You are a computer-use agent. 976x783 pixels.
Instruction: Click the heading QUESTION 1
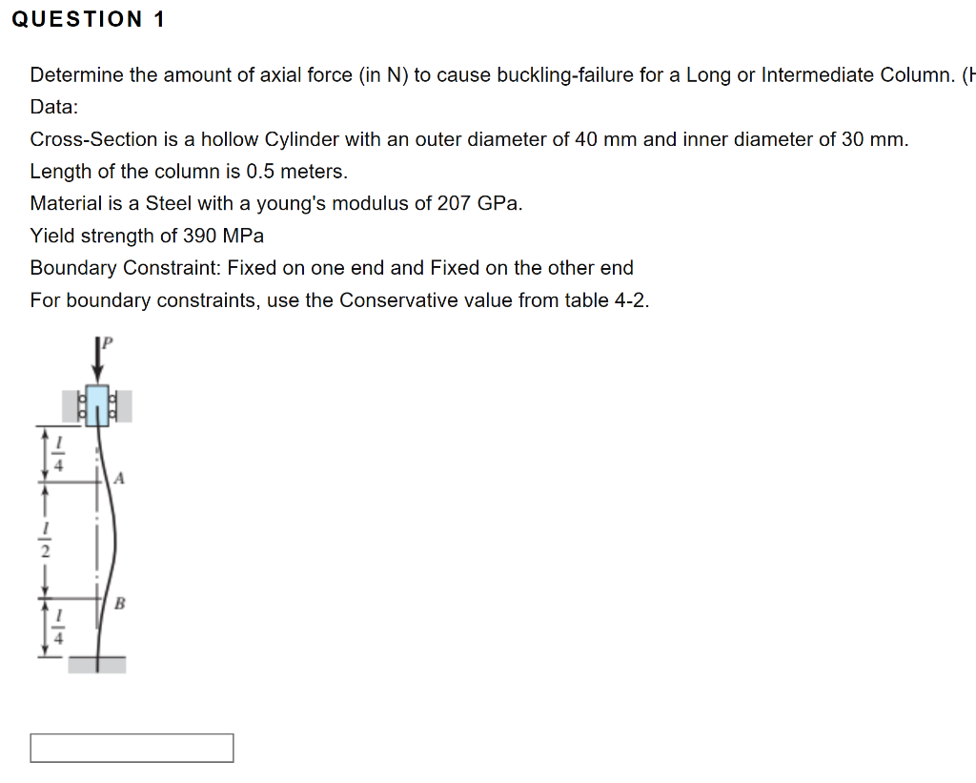tap(89, 20)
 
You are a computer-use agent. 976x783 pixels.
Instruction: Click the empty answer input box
tap(132, 748)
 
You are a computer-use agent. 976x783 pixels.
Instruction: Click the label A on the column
tap(118, 477)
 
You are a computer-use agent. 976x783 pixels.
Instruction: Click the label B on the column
tap(119, 603)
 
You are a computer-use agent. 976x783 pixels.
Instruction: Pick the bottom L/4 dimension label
tap(56, 628)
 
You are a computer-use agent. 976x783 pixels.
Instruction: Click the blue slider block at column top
tap(97, 405)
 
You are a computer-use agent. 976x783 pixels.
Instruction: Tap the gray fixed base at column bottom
tap(96, 665)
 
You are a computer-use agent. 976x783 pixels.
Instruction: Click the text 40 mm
tap(600, 139)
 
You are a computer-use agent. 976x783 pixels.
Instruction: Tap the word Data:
tap(54, 107)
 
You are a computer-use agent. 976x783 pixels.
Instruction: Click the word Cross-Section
tap(93, 139)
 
